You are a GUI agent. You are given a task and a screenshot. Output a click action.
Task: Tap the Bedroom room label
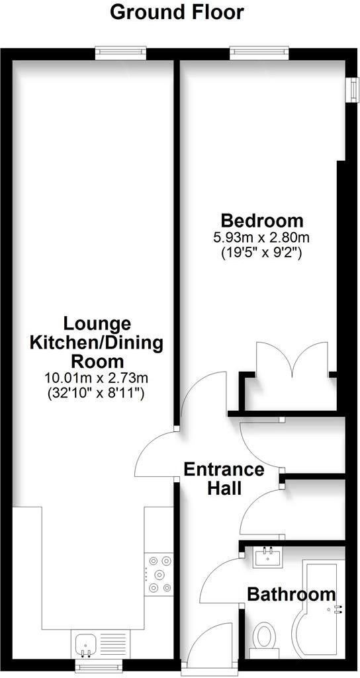click(x=262, y=220)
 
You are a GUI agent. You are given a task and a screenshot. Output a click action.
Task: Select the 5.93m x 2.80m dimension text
click(x=262, y=237)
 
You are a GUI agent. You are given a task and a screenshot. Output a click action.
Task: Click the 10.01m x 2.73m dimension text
click(x=96, y=379)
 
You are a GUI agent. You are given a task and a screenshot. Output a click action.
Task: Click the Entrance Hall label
click(x=224, y=479)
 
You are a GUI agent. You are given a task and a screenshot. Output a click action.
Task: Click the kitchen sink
click(x=87, y=642)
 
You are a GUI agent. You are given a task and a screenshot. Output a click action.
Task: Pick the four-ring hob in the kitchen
click(x=158, y=572)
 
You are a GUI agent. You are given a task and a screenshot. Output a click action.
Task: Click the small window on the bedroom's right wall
click(x=348, y=89)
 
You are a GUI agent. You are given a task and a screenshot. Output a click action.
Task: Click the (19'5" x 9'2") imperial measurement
click(x=262, y=252)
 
